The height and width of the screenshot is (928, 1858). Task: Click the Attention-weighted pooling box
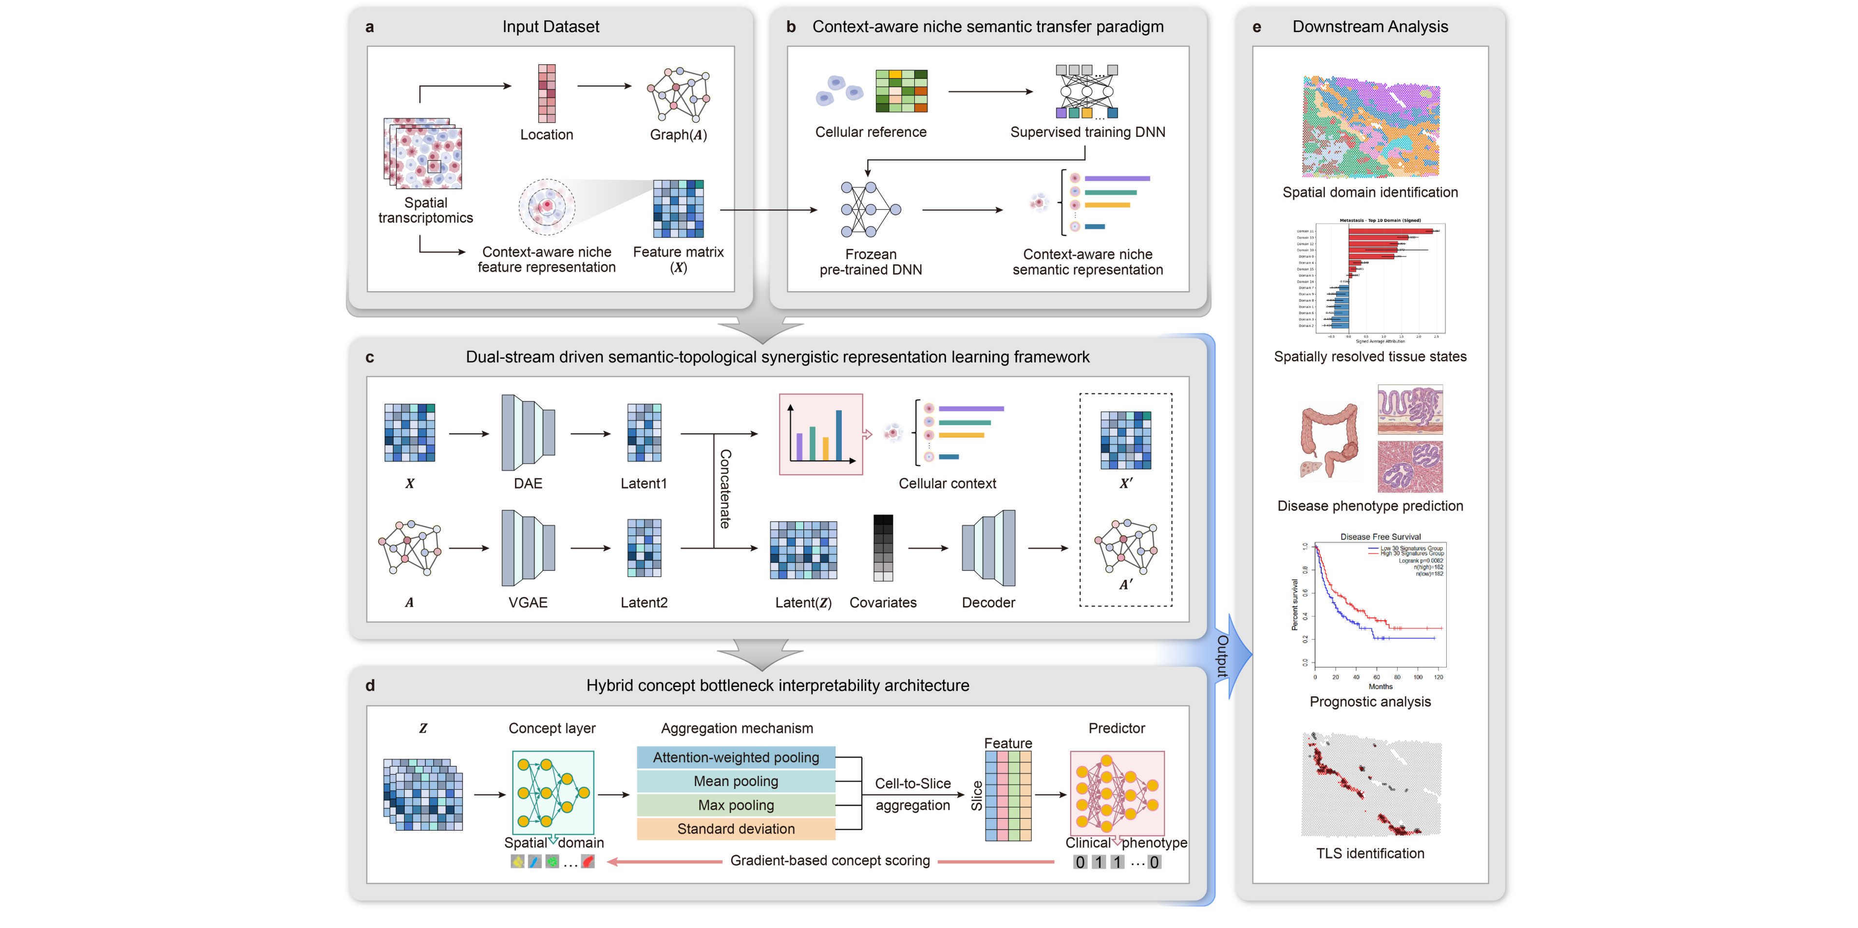pyautogui.click(x=736, y=757)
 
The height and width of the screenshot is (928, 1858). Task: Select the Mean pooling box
pyautogui.click(x=736, y=781)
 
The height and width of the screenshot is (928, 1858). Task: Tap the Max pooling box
pyautogui.click(x=736, y=805)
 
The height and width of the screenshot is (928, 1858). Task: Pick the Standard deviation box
pyautogui.click(x=736, y=829)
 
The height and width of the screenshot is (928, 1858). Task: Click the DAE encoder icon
pyautogui.click(x=528, y=433)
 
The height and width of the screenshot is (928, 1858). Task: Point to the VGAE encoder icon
pyautogui.click(x=528, y=548)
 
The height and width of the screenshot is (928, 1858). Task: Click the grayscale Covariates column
pyautogui.click(x=883, y=548)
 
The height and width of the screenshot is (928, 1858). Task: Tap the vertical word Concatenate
pyautogui.click(x=725, y=489)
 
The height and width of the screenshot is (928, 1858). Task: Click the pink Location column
pyautogui.click(x=547, y=94)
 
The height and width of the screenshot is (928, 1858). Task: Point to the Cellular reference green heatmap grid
pyautogui.click(x=901, y=91)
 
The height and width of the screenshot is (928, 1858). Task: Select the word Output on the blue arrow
pyautogui.click(x=1223, y=656)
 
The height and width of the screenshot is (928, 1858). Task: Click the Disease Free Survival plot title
pyautogui.click(x=1380, y=537)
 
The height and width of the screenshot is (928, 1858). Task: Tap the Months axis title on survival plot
pyautogui.click(x=1380, y=687)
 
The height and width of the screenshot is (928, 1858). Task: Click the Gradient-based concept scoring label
pyautogui.click(x=830, y=860)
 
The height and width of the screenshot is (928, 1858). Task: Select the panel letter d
pyautogui.click(x=370, y=685)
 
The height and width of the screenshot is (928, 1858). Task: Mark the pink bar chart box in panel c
pyautogui.click(x=821, y=434)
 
